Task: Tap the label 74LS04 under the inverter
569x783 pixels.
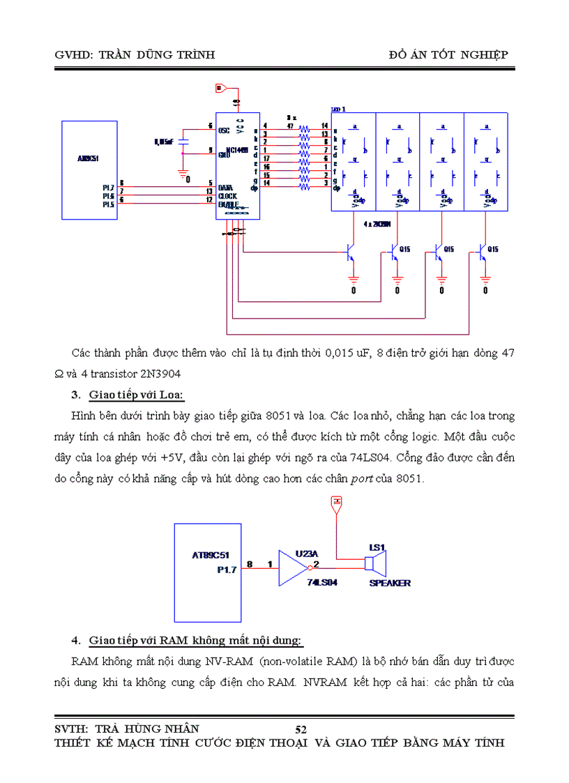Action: coord(321,582)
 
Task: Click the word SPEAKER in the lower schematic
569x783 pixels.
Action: coord(389,583)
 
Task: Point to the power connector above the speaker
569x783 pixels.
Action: coord(337,503)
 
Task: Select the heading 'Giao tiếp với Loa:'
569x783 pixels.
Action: coord(136,396)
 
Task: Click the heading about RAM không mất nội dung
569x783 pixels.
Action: coord(195,640)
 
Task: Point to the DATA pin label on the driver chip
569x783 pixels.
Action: coord(225,188)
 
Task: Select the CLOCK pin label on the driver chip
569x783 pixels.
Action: coord(227,197)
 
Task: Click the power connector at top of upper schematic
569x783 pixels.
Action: coord(219,89)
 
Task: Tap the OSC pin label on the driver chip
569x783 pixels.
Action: coord(224,130)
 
